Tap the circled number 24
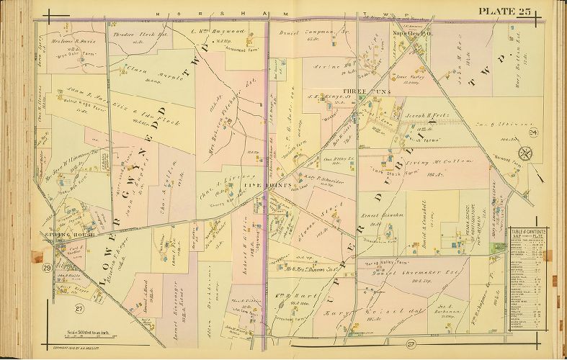533,132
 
